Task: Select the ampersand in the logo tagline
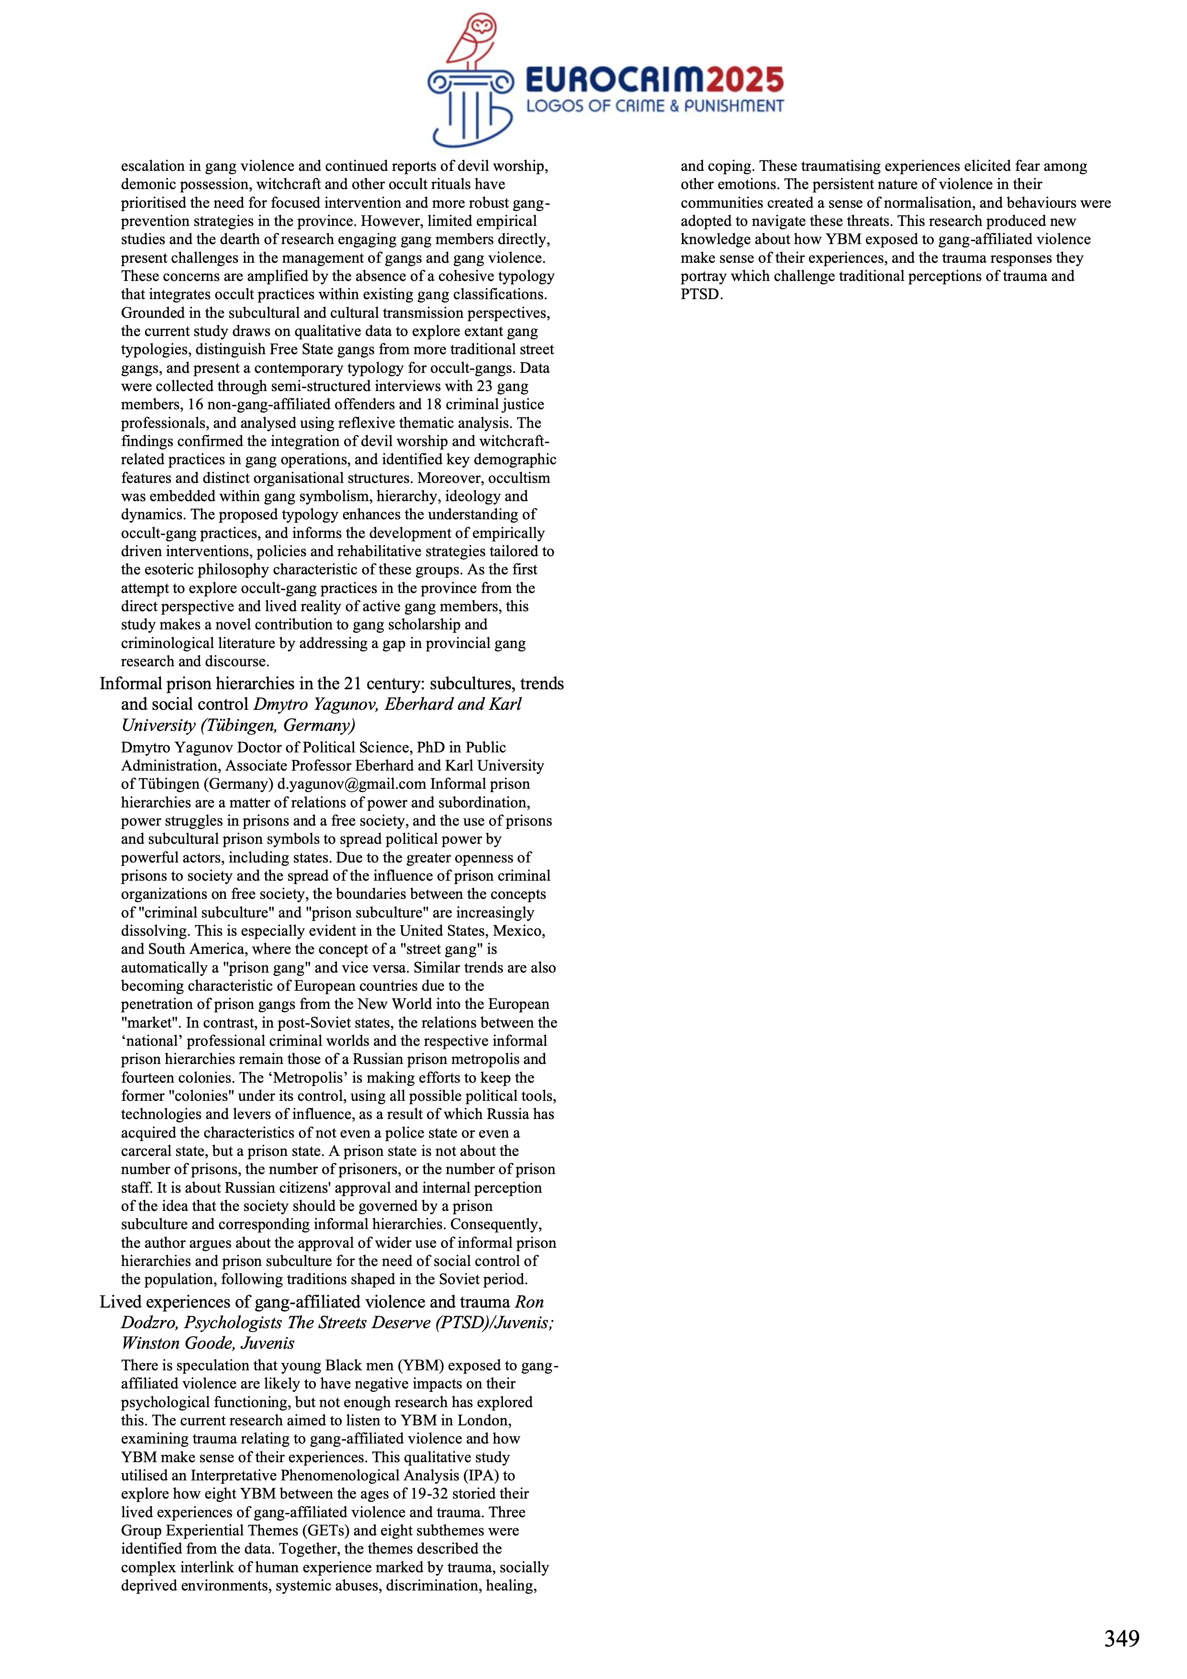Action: coord(672,106)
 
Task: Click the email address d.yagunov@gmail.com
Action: coord(351,784)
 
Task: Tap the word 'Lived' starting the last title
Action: coord(119,1302)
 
